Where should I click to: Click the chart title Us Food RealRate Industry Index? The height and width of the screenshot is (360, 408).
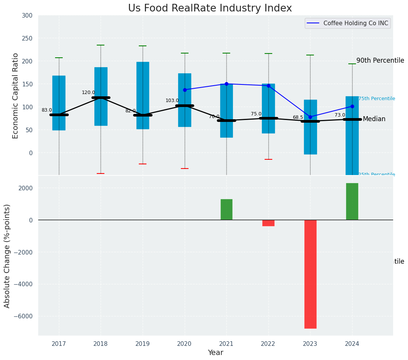point(210,8)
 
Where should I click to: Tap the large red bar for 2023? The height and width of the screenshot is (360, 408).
point(310,274)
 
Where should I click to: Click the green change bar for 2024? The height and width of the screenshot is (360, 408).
point(352,201)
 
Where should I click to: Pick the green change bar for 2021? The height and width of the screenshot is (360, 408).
point(226,209)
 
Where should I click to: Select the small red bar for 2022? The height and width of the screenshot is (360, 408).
point(268,223)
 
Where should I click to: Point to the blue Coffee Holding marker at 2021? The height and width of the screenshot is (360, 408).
point(226,84)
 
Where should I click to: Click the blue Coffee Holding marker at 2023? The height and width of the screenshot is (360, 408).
point(310,117)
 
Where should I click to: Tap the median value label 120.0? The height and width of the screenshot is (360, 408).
point(88,92)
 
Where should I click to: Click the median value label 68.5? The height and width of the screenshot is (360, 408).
point(298,117)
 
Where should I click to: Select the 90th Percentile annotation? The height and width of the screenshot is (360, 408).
point(380,60)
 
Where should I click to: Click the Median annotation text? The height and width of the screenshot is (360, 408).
point(374,119)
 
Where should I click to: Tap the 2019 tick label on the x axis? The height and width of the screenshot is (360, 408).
point(143,344)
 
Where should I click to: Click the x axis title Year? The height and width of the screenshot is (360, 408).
point(216,353)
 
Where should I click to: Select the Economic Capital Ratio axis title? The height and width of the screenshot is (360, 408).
point(16,96)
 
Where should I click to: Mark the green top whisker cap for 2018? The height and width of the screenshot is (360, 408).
point(101,45)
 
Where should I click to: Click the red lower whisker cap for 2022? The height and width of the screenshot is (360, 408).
point(268,159)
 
